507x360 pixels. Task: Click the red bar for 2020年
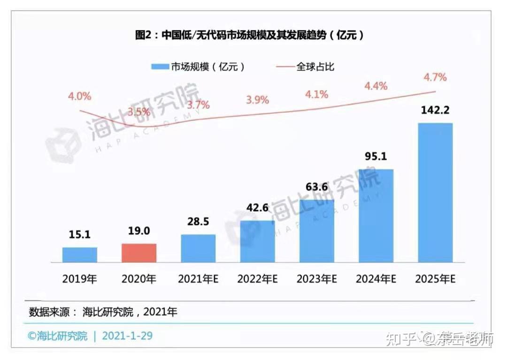click(139, 253)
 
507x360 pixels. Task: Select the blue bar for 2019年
click(80, 254)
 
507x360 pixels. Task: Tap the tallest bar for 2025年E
click(435, 192)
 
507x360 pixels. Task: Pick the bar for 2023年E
click(317, 230)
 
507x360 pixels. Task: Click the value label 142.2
click(436, 110)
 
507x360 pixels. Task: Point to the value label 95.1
click(376, 156)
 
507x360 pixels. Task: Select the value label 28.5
click(198, 222)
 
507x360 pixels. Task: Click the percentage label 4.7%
click(435, 77)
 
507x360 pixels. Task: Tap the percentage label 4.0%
click(79, 97)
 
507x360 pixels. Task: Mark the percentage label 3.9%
click(257, 100)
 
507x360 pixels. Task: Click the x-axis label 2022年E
click(257, 279)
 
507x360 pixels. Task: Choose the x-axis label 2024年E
click(376, 279)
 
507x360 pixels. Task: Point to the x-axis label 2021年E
click(198, 279)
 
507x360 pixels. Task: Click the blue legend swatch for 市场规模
click(160, 67)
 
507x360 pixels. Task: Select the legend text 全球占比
click(315, 67)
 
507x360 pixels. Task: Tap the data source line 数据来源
click(103, 312)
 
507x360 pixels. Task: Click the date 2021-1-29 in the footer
click(127, 336)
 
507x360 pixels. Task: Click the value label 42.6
click(257, 207)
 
